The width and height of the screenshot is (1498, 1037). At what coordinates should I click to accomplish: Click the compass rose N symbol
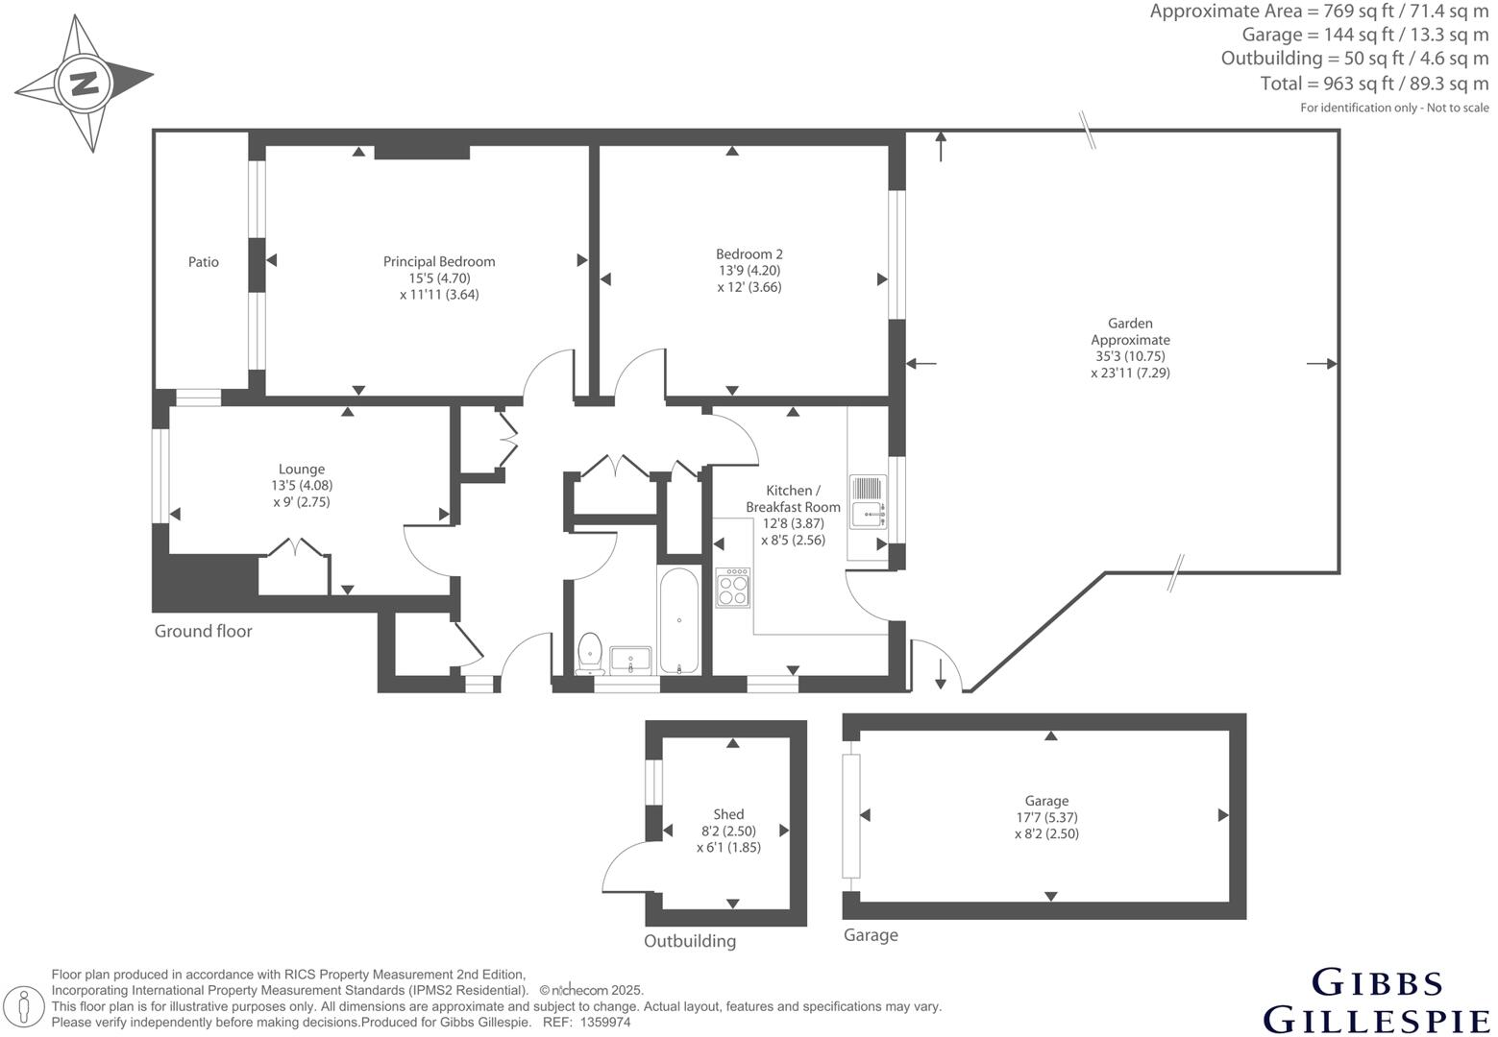click(x=85, y=83)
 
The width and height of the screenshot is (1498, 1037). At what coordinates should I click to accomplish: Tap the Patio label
click(x=203, y=261)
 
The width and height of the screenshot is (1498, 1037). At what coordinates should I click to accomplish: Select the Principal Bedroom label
click(x=439, y=261)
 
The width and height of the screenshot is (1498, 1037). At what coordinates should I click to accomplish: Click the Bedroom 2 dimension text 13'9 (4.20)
click(x=749, y=270)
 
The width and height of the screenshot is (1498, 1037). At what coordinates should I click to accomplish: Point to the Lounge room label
click(x=302, y=470)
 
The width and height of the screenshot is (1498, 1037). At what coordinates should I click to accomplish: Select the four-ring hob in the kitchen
click(x=733, y=588)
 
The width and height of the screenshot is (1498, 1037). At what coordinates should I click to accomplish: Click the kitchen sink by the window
click(x=867, y=503)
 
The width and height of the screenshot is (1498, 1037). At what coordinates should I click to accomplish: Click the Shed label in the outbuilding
click(x=728, y=814)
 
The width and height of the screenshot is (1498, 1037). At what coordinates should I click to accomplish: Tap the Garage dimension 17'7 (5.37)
click(x=1046, y=817)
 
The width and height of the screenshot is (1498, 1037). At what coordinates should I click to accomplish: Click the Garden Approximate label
click(x=1130, y=331)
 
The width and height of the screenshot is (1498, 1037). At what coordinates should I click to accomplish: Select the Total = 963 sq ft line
click(x=1374, y=84)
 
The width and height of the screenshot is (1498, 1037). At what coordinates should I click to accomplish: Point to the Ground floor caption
click(x=203, y=631)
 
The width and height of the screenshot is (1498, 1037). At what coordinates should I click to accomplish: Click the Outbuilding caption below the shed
click(x=689, y=941)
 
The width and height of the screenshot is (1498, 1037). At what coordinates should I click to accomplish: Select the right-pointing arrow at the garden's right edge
click(x=1323, y=363)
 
